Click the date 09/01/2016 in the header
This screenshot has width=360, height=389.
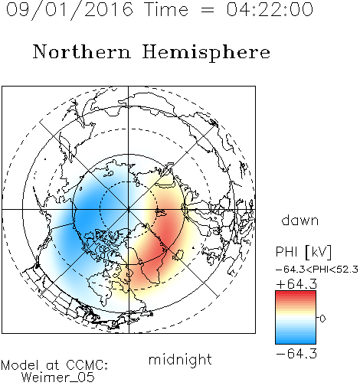(x=70, y=10)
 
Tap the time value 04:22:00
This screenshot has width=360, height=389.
(x=270, y=10)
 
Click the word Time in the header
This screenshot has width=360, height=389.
(x=166, y=10)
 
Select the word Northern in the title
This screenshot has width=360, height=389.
(x=82, y=51)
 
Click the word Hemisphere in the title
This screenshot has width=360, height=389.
(x=206, y=53)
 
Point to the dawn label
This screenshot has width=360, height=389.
(x=299, y=220)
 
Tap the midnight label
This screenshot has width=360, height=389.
(x=180, y=359)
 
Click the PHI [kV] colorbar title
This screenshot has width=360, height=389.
(x=303, y=252)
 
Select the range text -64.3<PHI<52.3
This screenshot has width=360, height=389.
(x=316, y=270)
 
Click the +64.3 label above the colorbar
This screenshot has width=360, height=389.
(x=296, y=284)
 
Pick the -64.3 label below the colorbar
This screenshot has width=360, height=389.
(x=296, y=354)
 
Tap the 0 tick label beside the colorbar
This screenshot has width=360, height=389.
(x=322, y=319)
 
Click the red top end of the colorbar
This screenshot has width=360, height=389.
(x=296, y=293)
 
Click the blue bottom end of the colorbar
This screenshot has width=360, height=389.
(x=296, y=342)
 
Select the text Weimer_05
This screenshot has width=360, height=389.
(x=58, y=378)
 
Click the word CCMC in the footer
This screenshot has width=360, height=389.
(x=87, y=365)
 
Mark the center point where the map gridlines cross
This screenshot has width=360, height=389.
(x=128, y=209)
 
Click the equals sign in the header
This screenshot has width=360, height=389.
(x=208, y=10)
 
